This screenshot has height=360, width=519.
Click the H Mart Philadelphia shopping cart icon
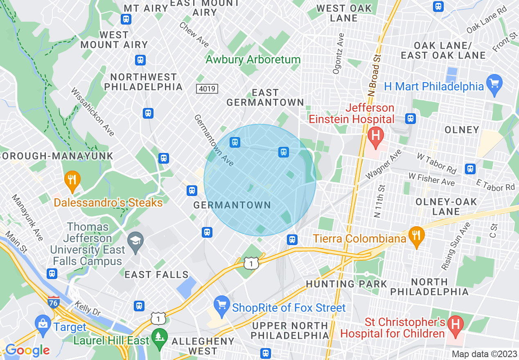(494, 84)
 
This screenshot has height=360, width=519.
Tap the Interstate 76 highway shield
(53, 302)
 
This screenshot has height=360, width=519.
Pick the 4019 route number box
(207, 88)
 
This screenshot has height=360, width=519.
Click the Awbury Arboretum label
(253, 59)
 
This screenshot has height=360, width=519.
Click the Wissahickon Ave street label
(93, 112)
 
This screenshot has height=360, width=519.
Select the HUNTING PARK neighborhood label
(346, 283)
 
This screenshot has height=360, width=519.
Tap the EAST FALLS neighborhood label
(156, 274)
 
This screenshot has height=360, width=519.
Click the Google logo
(27, 350)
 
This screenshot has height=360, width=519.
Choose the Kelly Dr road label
(88, 308)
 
